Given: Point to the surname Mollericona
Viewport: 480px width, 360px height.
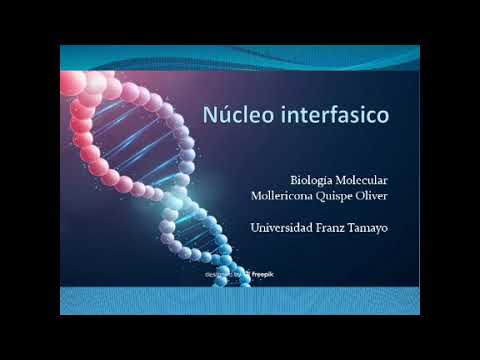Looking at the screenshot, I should click(x=285, y=196).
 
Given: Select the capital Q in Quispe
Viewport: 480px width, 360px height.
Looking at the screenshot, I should click(x=331, y=196).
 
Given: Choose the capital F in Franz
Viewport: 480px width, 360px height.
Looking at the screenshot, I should click(x=327, y=229).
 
